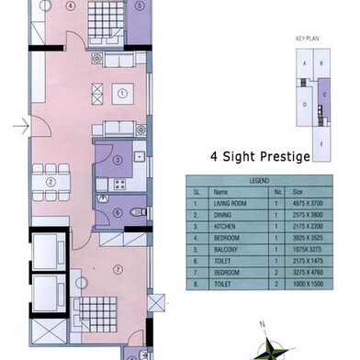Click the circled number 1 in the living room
click(122, 93)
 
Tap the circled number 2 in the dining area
click(52, 182)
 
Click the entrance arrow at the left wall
click(21, 127)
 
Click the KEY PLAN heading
click(305, 41)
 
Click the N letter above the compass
click(262, 323)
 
